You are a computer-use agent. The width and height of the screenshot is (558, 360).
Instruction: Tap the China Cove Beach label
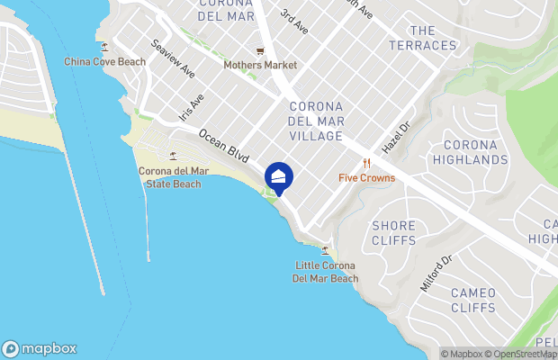[x=105, y=61]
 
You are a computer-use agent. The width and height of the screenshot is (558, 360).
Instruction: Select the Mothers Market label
[x=260, y=65]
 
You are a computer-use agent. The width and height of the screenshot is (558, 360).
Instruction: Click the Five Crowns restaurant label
[x=366, y=177]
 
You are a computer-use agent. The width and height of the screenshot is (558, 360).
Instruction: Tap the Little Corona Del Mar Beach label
[x=326, y=272]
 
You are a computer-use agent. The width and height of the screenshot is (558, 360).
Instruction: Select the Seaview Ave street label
[x=173, y=58]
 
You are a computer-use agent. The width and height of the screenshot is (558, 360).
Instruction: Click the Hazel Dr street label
[x=395, y=137]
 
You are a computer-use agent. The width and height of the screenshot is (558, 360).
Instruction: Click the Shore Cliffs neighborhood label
[x=394, y=233]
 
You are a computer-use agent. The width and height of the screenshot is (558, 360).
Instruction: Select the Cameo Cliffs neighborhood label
[x=472, y=300]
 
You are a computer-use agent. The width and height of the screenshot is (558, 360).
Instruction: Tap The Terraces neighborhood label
[x=422, y=38]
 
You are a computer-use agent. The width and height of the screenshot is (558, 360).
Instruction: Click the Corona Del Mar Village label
[x=315, y=121]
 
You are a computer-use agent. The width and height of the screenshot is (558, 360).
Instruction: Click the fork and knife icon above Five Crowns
[x=366, y=163]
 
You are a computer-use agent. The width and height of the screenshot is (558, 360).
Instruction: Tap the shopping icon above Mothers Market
[x=260, y=50]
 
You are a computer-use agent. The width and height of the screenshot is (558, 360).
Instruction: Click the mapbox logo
[x=40, y=349]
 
